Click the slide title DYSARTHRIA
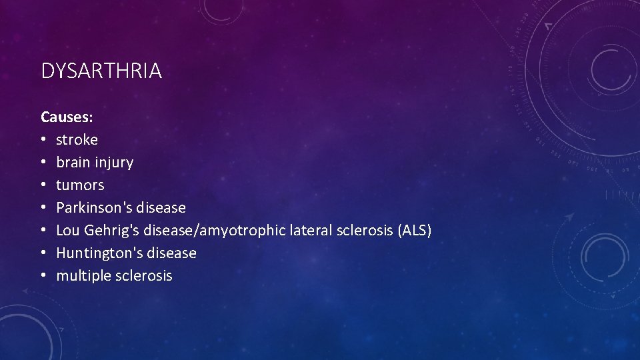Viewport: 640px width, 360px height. click(101, 71)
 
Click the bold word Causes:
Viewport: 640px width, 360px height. click(67, 117)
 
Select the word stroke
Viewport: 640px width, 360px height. click(77, 140)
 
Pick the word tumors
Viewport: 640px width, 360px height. click(80, 185)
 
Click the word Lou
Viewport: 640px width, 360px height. click(67, 231)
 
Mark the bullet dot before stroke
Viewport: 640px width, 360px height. click(44, 140)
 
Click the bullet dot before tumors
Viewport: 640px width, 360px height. click(44, 185)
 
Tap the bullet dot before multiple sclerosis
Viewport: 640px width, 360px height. click(44, 276)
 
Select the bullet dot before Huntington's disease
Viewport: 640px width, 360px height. click(44, 253)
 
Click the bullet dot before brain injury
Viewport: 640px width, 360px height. click(44, 163)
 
